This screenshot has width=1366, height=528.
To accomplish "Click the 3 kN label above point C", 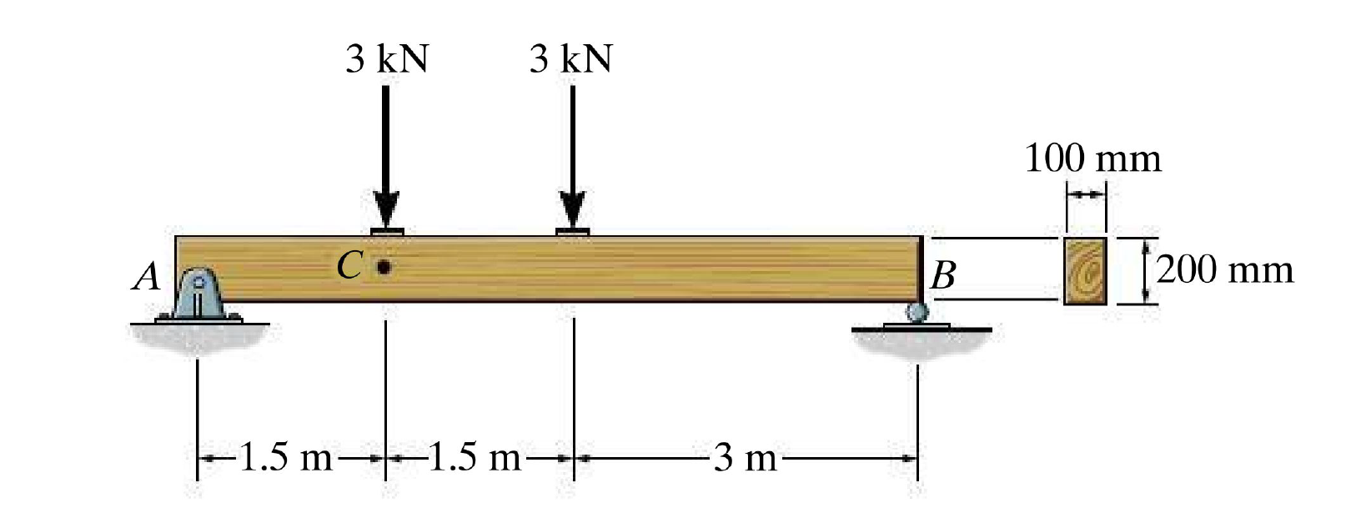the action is (387, 59).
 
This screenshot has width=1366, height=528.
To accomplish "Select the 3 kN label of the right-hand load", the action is (570, 59).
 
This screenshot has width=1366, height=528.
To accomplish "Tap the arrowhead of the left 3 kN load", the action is (386, 209).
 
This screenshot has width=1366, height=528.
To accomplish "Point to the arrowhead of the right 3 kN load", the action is (573, 209).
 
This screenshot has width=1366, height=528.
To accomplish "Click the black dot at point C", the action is (384, 266).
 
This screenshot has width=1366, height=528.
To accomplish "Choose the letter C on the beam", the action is (350, 265).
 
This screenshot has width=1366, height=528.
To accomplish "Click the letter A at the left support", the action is (147, 276).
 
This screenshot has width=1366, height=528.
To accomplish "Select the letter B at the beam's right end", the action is (943, 275).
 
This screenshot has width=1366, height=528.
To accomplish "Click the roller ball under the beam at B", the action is (917, 313).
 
